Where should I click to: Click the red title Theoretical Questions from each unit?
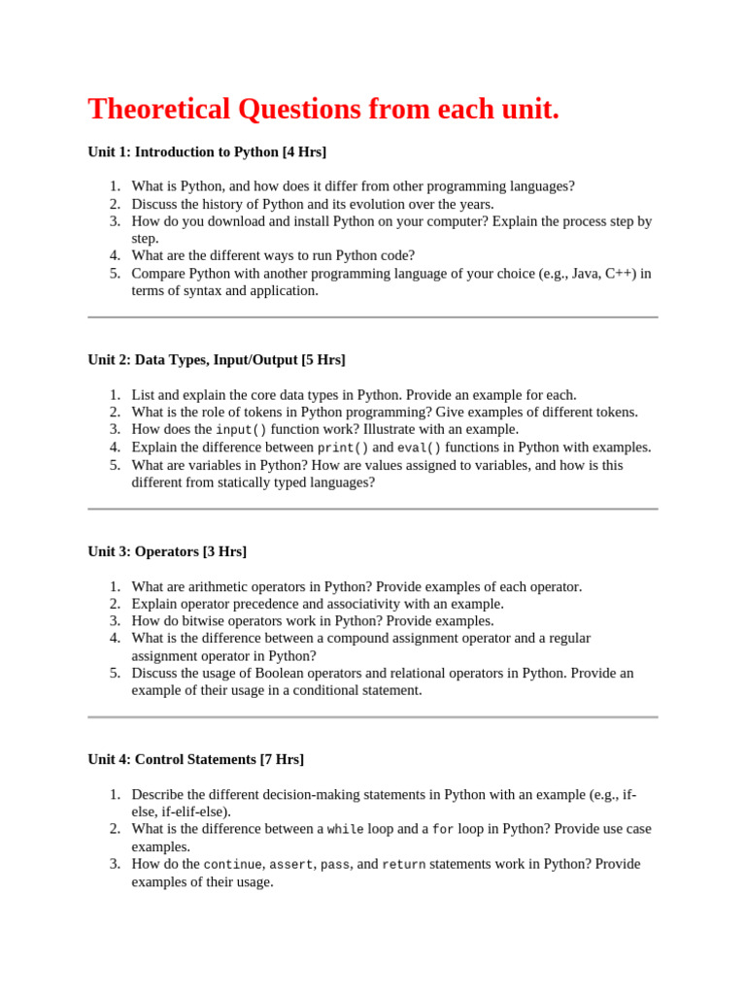(323, 110)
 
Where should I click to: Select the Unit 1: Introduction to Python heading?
(207, 152)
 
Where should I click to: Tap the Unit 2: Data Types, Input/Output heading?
(216, 360)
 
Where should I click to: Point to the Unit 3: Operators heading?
(167, 551)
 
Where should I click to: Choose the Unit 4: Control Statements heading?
(195, 759)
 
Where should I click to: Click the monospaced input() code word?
(241, 430)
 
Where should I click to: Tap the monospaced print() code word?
(343, 447)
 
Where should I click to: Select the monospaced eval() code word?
(419, 447)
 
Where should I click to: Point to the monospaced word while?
(346, 830)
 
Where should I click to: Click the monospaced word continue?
(233, 865)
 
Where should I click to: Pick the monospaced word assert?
(291, 865)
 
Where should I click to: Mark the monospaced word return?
(403, 865)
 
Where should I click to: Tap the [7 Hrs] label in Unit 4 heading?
(282, 759)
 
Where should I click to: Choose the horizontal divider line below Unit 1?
(373, 317)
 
